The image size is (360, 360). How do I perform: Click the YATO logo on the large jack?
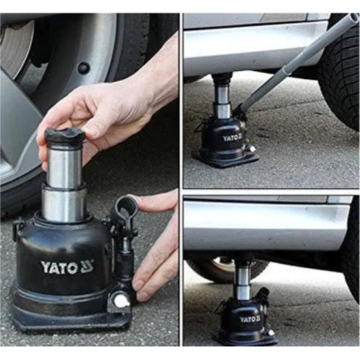(x=67, y=267)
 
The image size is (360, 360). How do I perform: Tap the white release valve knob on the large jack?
(x=121, y=301)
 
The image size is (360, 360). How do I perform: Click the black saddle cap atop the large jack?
(x=65, y=135)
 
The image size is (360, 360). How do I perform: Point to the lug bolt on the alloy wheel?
(x=84, y=68)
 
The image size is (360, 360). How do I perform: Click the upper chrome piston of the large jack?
(x=64, y=166)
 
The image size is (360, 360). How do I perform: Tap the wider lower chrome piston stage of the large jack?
(x=64, y=202)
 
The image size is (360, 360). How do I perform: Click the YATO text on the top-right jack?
(x=233, y=138)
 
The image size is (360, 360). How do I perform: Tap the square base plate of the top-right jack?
(x=226, y=159)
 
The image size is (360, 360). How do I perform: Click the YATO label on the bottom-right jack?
(x=250, y=319)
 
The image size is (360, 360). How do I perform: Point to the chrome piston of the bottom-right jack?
(x=243, y=281)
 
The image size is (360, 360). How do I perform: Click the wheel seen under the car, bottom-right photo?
(x=227, y=269)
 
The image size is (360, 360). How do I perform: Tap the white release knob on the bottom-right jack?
(x=271, y=332)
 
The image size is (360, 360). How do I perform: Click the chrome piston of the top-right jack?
(x=221, y=101)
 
